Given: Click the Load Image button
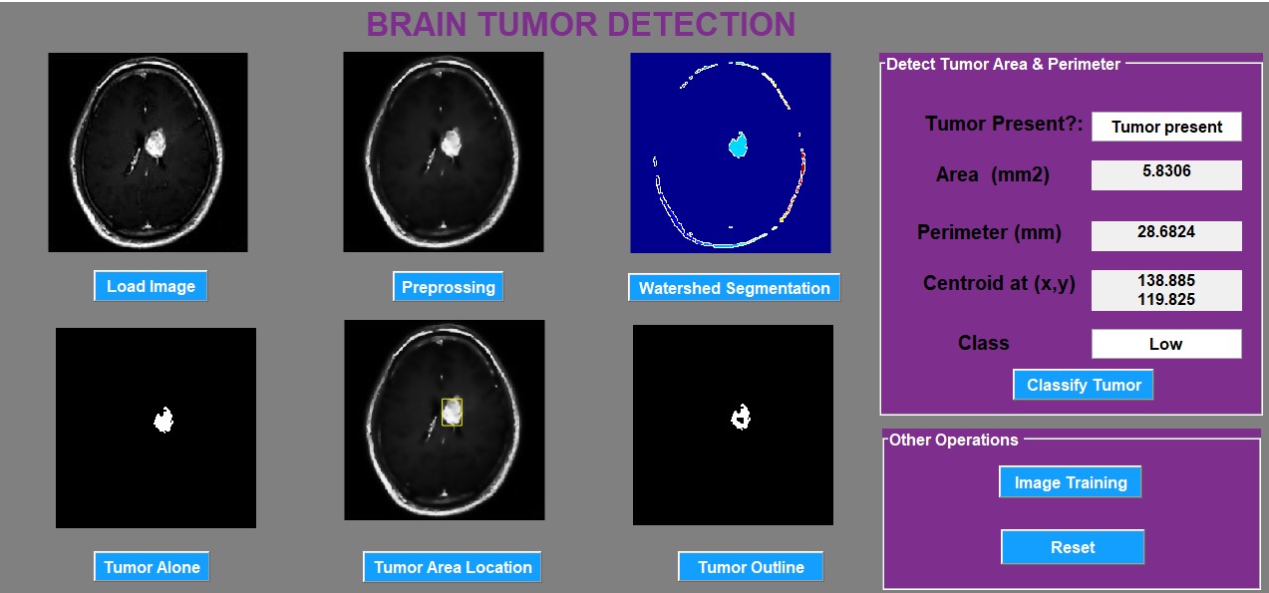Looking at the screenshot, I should point(151,286).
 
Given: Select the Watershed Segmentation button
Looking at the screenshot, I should point(734,288).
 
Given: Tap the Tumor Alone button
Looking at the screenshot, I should point(152,567).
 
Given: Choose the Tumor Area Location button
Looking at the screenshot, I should point(453,567).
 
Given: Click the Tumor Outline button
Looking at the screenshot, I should point(751,567).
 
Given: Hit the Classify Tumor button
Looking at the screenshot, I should point(1084,385).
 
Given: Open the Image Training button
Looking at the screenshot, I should point(1071,482).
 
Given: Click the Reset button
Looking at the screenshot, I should point(1073,547).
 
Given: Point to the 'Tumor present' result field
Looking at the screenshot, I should point(1166,127).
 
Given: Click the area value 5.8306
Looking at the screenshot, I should point(1166,171).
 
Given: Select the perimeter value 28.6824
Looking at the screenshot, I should point(1166,232).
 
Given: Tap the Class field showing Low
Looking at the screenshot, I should point(1166,344).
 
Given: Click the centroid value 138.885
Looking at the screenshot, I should point(1166,281).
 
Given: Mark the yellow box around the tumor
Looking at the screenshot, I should point(453,412).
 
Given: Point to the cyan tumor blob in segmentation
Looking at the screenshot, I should point(738,147).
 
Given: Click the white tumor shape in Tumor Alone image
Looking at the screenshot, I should point(162,420).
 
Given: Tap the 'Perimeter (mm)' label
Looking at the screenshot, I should point(989,233).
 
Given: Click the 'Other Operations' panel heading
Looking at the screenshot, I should point(953,440).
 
